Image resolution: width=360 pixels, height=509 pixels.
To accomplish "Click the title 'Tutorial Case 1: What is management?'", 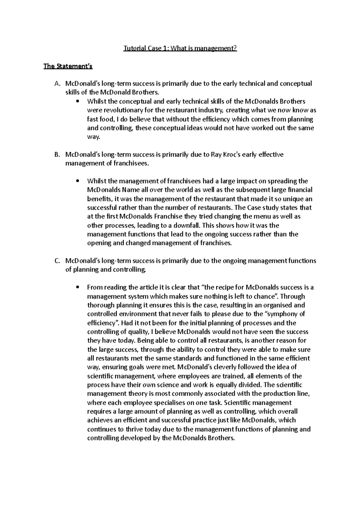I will pyautogui.click(x=180, y=48).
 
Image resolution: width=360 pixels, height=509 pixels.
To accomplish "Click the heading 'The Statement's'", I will pyautogui.click(x=68, y=66).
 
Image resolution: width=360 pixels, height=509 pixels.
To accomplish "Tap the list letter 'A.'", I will pyautogui.click(x=58, y=84).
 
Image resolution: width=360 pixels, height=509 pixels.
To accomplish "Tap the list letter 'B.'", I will pyautogui.click(x=58, y=155).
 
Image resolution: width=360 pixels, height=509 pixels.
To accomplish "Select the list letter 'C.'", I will pyautogui.click(x=58, y=261).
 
